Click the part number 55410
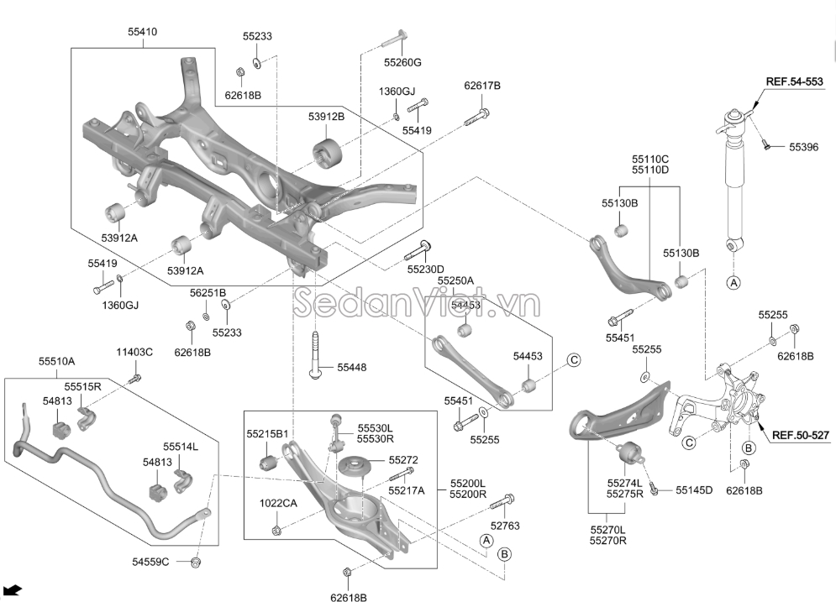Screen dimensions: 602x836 (x=142, y=32)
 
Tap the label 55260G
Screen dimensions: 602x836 (x=402, y=62)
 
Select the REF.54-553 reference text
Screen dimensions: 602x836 (x=793, y=81)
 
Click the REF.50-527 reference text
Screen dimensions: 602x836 (x=801, y=435)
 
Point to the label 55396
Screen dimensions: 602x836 (x=802, y=147)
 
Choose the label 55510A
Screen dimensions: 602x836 (x=56, y=362)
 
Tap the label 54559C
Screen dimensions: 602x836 (x=151, y=561)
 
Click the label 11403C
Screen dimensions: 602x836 (x=134, y=352)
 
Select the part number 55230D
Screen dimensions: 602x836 (x=425, y=270)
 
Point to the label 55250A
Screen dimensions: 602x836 (x=456, y=280)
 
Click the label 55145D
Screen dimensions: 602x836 (x=693, y=490)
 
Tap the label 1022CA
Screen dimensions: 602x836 (x=278, y=503)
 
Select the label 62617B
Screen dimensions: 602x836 (x=482, y=86)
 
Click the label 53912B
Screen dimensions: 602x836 (x=326, y=117)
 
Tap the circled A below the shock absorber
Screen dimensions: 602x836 (x=733, y=283)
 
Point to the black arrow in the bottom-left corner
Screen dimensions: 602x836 (x=14, y=589)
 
